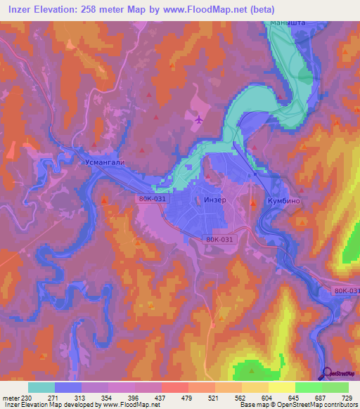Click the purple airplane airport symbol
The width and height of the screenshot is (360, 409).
pyautogui.click(x=200, y=119)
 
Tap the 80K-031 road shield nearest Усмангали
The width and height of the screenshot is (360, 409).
pyautogui.click(x=152, y=200)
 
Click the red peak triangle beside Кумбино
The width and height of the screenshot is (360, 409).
pyautogui.click(x=254, y=203)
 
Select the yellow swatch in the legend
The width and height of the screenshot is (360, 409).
pyautogui.click(x=282, y=387)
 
